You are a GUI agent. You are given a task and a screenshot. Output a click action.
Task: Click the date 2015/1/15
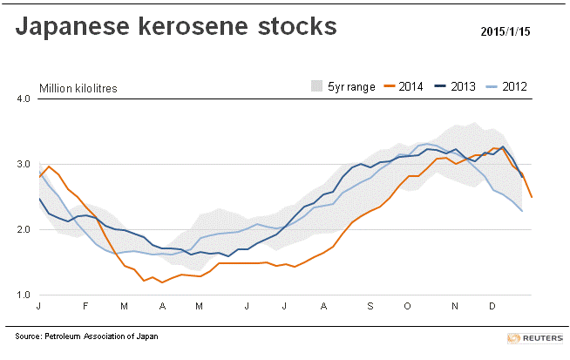(x=506, y=32)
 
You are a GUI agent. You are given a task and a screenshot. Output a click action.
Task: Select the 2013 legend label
(x=462, y=86)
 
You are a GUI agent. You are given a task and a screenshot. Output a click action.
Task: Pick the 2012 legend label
(x=514, y=86)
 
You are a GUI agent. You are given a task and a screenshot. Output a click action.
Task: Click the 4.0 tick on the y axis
(x=24, y=98)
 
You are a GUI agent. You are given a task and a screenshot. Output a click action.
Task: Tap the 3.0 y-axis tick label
(x=24, y=164)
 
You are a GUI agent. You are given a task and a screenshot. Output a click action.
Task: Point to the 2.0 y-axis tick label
(x=24, y=229)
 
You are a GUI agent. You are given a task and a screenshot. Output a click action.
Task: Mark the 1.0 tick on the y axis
(x=24, y=295)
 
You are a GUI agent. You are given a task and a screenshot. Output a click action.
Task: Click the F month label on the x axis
(x=86, y=308)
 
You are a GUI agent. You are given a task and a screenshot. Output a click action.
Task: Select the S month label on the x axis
(x=370, y=308)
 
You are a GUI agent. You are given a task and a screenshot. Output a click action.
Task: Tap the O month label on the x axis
(x=408, y=308)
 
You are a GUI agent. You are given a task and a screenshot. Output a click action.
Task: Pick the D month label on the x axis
(x=491, y=308)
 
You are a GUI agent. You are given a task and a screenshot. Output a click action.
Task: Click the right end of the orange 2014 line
(x=532, y=197)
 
